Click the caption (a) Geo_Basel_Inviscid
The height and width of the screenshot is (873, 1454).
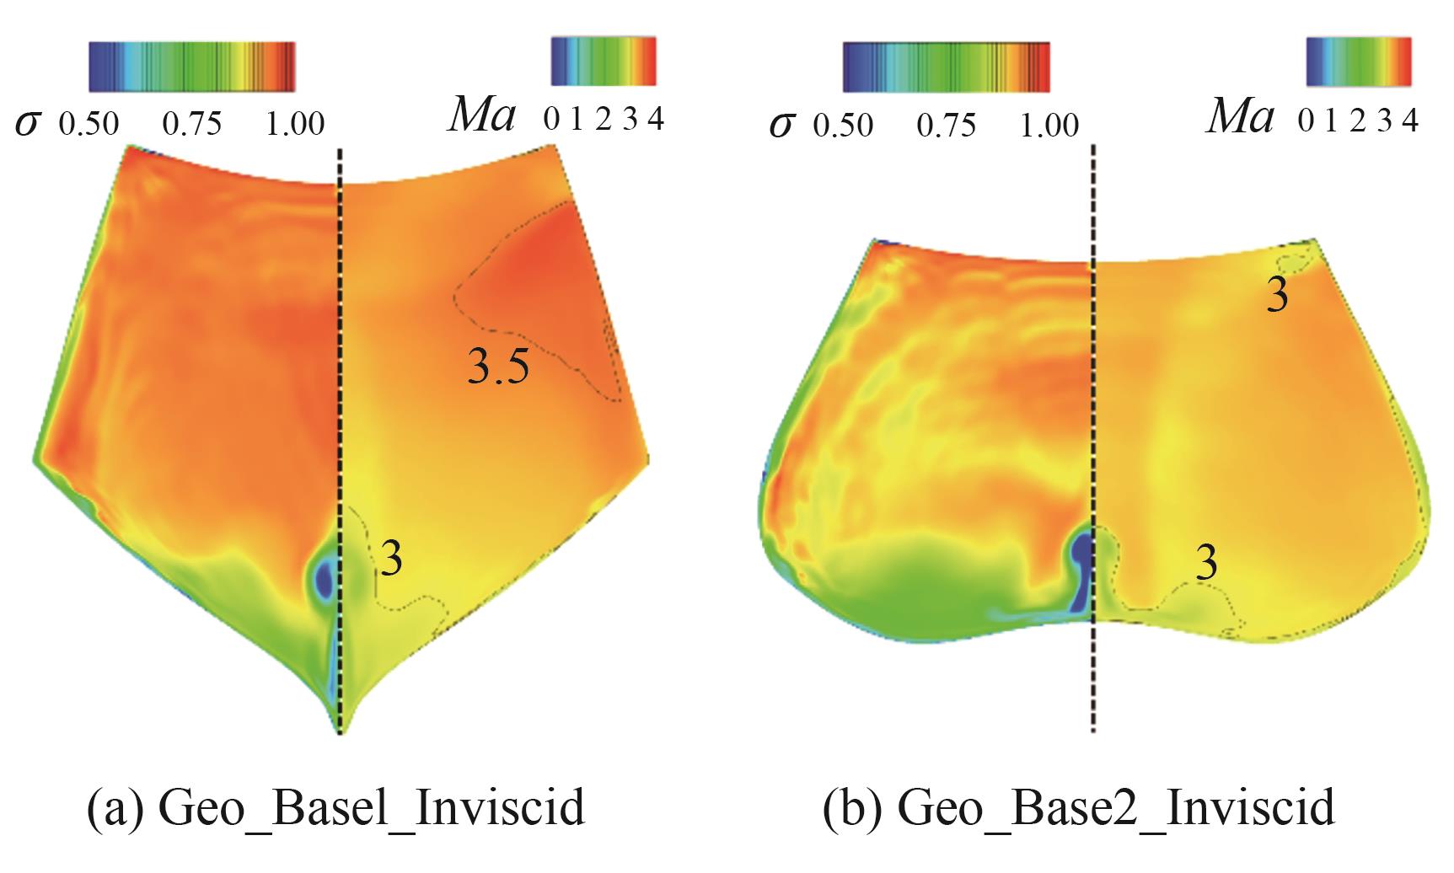[x=335, y=807]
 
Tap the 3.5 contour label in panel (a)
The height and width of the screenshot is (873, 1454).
[x=499, y=367]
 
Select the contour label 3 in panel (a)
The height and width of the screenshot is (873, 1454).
[x=390, y=559]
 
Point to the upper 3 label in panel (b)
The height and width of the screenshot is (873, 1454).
[x=1278, y=297]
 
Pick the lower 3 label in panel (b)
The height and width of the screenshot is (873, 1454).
[x=1207, y=563]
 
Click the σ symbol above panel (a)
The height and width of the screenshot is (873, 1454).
[x=27, y=124]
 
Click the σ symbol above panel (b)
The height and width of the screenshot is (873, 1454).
[x=781, y=124]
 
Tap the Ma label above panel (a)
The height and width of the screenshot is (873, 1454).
[x=481, y=116]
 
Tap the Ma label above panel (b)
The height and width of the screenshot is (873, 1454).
[x=1239, y=116]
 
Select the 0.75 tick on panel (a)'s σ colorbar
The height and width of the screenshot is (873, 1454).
[x=192, y=124]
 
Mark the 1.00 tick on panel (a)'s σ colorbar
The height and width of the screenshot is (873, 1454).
[x=295, y=124]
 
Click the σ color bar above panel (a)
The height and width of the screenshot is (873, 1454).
[x=191, y=66]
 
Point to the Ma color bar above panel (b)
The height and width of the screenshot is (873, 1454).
[x=1359, y=61]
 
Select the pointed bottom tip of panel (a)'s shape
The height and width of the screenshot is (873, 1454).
[x=341, y=730]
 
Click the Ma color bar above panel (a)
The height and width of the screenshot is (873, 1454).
[x=603, y=61]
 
